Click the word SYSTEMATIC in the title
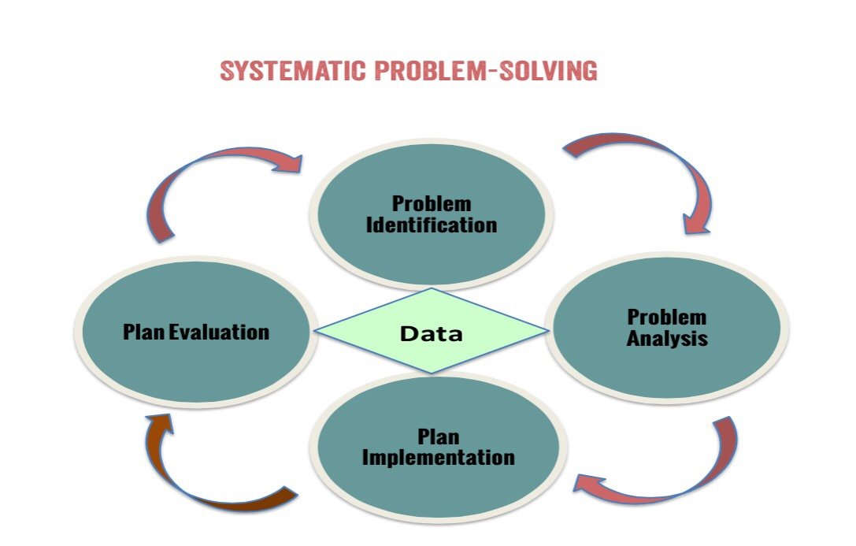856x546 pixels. coord(293,71)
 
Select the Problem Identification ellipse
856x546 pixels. coord(432,214)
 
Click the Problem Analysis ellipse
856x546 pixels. coord(666,328)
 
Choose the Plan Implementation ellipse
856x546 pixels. coord(439,448)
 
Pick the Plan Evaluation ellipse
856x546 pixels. coord(196,332)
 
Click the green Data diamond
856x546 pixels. coord(432,331)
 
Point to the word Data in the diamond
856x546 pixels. coord(432,333)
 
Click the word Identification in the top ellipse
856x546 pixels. coord(432,225)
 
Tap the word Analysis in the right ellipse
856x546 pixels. coord(666,339)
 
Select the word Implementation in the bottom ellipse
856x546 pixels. coord(439,458)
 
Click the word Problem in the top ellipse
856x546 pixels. coord(432,203)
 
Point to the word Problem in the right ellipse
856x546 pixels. coord(666,318)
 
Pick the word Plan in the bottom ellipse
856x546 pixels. coord(439,436)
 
